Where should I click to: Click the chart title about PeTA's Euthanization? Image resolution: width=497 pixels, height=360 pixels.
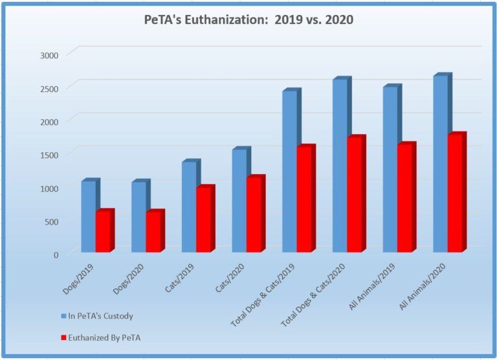pyautogui.click(x=248, y=21)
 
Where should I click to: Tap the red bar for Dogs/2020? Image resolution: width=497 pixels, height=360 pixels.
pyautogui.click(x=153, y=232)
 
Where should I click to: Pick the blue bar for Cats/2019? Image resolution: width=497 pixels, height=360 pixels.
pyautogui.click(x=189, y=207)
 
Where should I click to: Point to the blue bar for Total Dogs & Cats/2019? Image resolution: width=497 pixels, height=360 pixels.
pyautogui.click(x=289, y=172)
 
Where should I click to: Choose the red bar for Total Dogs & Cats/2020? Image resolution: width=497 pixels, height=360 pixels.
pyautogui.click(x=355, y=195)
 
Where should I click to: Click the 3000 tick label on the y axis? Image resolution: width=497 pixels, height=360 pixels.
pyautogui.click(x=50, y=54)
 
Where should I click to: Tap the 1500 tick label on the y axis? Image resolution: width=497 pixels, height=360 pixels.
pyautogui.click(x=50, y=154)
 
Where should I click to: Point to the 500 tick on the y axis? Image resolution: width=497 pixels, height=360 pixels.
pyautogui.click(x=52, y=221)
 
